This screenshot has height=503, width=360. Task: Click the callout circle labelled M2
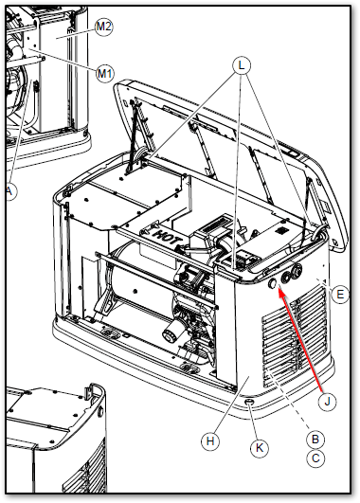click(x=103, y=27)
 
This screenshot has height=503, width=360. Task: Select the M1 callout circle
click(x=105, y=74)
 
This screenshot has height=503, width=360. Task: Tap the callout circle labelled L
click(x=242, y=65)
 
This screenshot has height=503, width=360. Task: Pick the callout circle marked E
click(x=340, y=294)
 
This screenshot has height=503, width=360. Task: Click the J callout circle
click(x=327, y=402)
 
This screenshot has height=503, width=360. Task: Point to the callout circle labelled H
click(x=210, y=441)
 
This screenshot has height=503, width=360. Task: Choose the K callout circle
click(x=259, y=448)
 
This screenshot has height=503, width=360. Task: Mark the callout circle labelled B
click(x=315, y=439)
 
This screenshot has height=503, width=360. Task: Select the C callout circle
click(x=315, y=458)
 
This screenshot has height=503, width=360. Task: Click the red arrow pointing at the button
click(x=300, y=340)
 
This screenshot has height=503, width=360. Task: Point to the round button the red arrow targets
click(x=273, y=283)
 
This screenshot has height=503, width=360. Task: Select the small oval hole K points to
click(x=249, y=402)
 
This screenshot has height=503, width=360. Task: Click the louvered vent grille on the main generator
click(x=295, y=337)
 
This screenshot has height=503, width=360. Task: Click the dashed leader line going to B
click(x=289, y=401)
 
